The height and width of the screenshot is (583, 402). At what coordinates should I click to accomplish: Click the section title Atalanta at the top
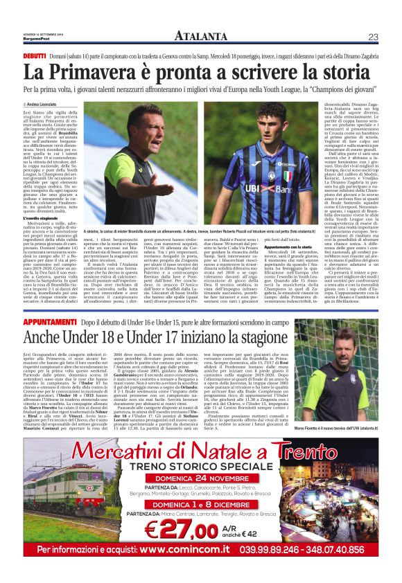point(201,37)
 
